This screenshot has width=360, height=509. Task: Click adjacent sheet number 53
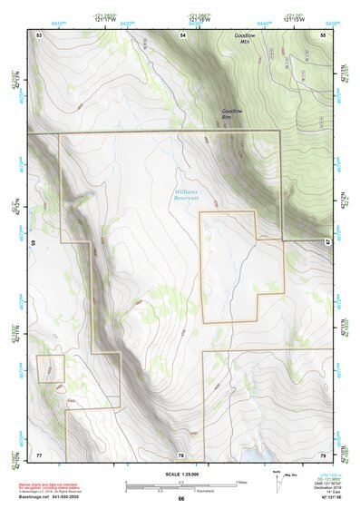[x=39, y=34]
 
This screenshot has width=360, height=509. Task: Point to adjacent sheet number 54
[x=181, y=34]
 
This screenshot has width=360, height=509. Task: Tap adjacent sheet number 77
[x=39, y=453]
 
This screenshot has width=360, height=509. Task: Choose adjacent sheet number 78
[x=181, y=453]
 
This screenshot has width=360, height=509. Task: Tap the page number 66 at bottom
[x=181, y=499]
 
